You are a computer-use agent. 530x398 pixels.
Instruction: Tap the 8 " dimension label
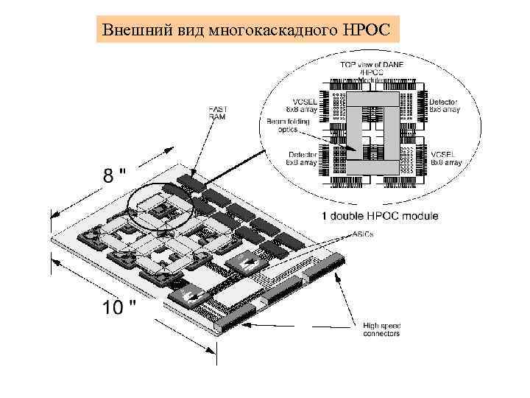coord(114,175)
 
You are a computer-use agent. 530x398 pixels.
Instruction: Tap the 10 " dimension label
coord(118,307)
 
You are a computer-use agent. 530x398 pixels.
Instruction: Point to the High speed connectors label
coord(382,329)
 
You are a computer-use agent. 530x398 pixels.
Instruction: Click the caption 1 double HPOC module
coord(379,216)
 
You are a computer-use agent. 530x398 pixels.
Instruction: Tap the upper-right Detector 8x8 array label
coord(444,105)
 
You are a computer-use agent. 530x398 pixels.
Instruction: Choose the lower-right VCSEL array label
coord(446,158)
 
